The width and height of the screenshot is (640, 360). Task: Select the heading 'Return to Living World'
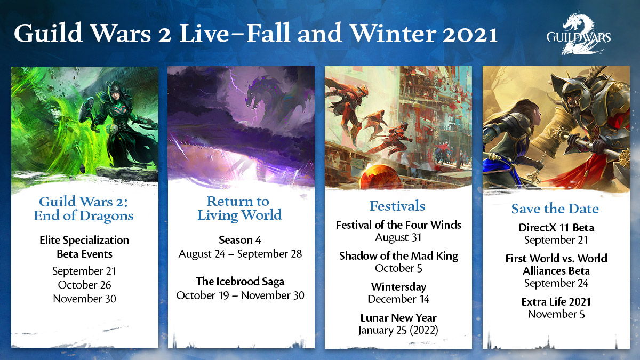click(238, 208)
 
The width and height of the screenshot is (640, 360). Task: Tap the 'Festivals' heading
click(397, 206)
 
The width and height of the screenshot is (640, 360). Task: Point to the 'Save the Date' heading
click(555, 209)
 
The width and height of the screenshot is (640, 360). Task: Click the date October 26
click(84, 285)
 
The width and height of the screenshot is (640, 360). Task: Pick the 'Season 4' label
click(240, 240)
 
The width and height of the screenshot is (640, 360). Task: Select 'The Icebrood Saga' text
click(240, 282)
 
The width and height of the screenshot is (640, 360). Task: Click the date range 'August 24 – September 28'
click(240, 253)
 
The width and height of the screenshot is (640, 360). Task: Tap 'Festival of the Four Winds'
click(398, 225)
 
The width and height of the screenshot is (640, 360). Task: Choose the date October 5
click(398, 268)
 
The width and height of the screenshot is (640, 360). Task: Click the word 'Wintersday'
click(398, 287)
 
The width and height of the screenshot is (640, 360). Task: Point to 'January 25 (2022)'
click(398, 331)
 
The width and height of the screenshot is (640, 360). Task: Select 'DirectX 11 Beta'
click(556, 228)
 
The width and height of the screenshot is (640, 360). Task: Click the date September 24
click(556, 283)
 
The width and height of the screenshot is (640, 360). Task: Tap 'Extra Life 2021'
click(556, 302)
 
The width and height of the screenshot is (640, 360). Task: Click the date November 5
click(556, 314)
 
